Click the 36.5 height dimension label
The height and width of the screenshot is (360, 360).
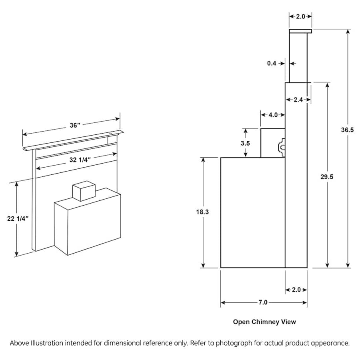[348, 130]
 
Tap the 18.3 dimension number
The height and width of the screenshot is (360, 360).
[202, 212]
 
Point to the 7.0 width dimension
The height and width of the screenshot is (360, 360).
[262, 302]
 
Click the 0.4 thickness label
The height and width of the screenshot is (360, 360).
[272, 63]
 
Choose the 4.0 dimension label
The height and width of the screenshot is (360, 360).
[273, 115]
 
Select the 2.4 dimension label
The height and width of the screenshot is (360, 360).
[298, 100]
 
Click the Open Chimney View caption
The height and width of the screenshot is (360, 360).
[264, 322]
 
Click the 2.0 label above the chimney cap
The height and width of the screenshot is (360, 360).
[300, 16]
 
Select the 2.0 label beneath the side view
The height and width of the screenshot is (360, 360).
[296, 290]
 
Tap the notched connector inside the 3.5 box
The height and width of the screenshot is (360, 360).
[281, 147]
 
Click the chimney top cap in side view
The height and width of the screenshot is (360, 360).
[300, 31]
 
